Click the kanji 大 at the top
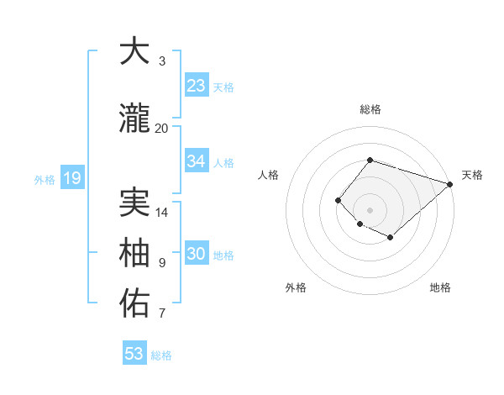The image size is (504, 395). click(134, 52)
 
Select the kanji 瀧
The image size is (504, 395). click(134, 119)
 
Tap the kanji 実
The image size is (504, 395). click(134, 204)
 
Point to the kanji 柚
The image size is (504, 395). click(134, 254)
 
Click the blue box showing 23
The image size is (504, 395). click(196, 86)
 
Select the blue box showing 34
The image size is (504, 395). click(196, 161)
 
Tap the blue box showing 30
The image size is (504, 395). click(196, 254)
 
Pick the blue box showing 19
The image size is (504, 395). click(71, 178)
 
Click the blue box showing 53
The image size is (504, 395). click(134, 354)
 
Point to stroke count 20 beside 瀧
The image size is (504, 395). click(161, 128)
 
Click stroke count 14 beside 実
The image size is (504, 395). click(161, 212)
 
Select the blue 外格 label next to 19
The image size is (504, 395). click(44, 179)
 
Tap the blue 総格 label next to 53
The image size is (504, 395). click(161, 355)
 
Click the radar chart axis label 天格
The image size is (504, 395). click(472, 175)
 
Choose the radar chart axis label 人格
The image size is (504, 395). click(268, 175)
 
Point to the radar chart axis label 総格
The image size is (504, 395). click(370, 109)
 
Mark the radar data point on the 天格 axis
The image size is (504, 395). click(450, 184)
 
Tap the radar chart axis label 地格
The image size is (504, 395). click(440, 287)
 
